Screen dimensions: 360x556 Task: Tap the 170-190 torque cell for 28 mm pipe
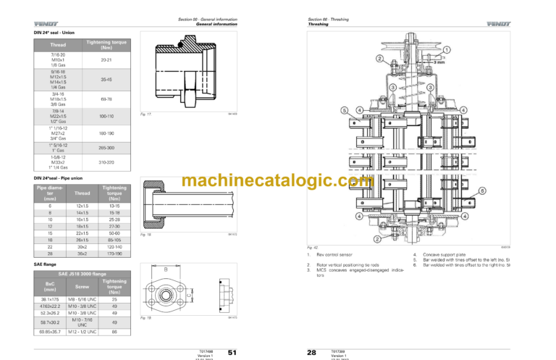tap(114, 254)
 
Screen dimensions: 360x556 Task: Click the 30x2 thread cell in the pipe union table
tap(83, 247)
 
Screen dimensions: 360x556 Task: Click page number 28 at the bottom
tap(311, 352)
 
